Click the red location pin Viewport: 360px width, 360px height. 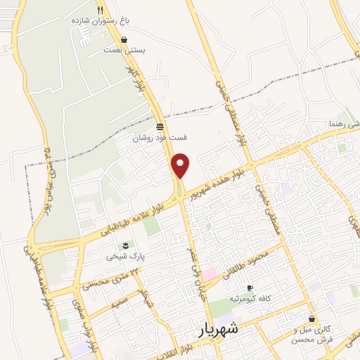coord(181,165)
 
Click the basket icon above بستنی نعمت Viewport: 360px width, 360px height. coord(124,40)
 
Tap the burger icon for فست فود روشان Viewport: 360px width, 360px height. coord(160,127)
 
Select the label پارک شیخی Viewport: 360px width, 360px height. coord(125,257)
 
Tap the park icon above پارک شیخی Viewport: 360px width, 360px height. coord(125,245)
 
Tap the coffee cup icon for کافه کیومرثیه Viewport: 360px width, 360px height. coord(249,288)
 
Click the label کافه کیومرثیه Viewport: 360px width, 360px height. coord(255,299)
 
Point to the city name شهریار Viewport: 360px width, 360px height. coord(214,328)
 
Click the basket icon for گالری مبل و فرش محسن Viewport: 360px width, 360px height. coord(311,319)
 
